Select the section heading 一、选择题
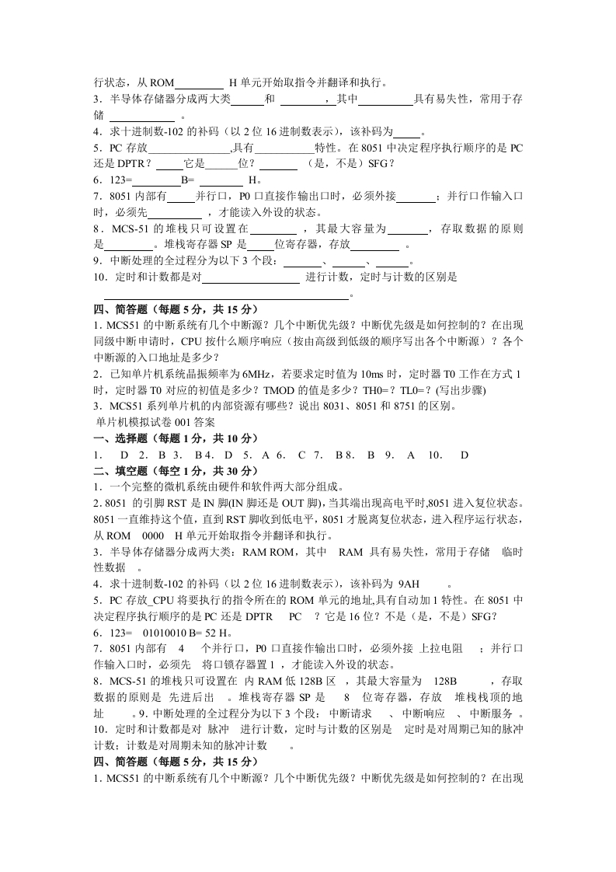(x=124, y=438)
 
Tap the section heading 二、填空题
(x=124, y=471)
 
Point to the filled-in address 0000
(x=154, y=535)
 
